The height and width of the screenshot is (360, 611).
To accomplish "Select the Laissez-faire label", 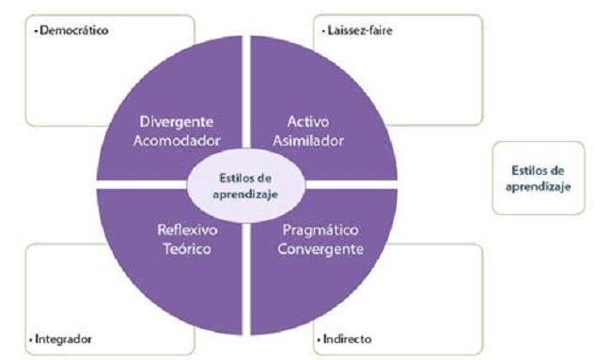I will (360, 31).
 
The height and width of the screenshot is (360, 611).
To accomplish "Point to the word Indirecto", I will (347, 337).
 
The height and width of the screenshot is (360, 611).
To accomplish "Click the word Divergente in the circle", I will (178, 122).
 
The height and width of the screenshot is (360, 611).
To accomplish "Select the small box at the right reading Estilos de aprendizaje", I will (538, 178).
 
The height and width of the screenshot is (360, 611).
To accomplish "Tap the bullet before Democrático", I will (35, 31).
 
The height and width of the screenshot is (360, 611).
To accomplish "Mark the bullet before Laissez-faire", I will (322, 31).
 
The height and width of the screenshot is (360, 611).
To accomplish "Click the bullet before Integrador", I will (35, 337).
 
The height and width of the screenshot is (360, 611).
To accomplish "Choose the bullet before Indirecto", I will (317, 337).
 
